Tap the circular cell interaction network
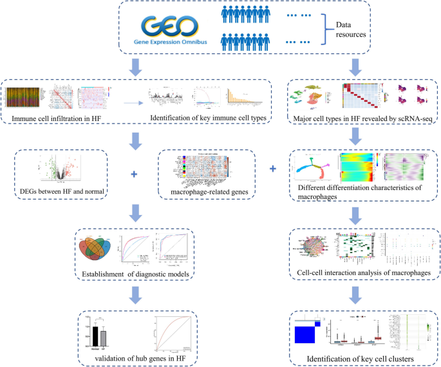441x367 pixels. click(x=312, y=249)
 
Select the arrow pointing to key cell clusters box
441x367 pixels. click(x=353, y=295)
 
